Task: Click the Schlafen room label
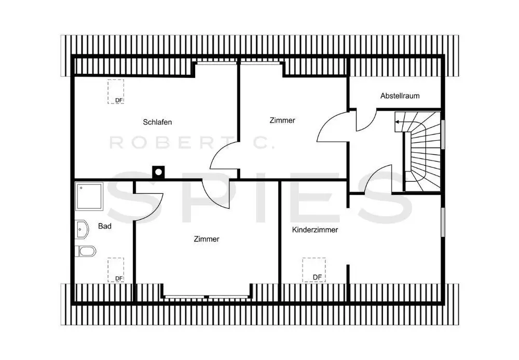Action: (157, 122)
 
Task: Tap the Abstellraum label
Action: (400, 96)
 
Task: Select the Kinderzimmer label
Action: (315, 230)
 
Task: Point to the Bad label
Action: (105, 226)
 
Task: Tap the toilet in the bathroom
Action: (86, 251)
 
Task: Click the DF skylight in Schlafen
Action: (116, 91)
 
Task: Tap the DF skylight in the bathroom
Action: (116, 270)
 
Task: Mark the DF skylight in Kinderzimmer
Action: (314, 270)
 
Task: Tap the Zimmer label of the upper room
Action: (282, 121)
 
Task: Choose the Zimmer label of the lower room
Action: (207, 239)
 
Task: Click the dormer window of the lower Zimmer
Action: (208, 296)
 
